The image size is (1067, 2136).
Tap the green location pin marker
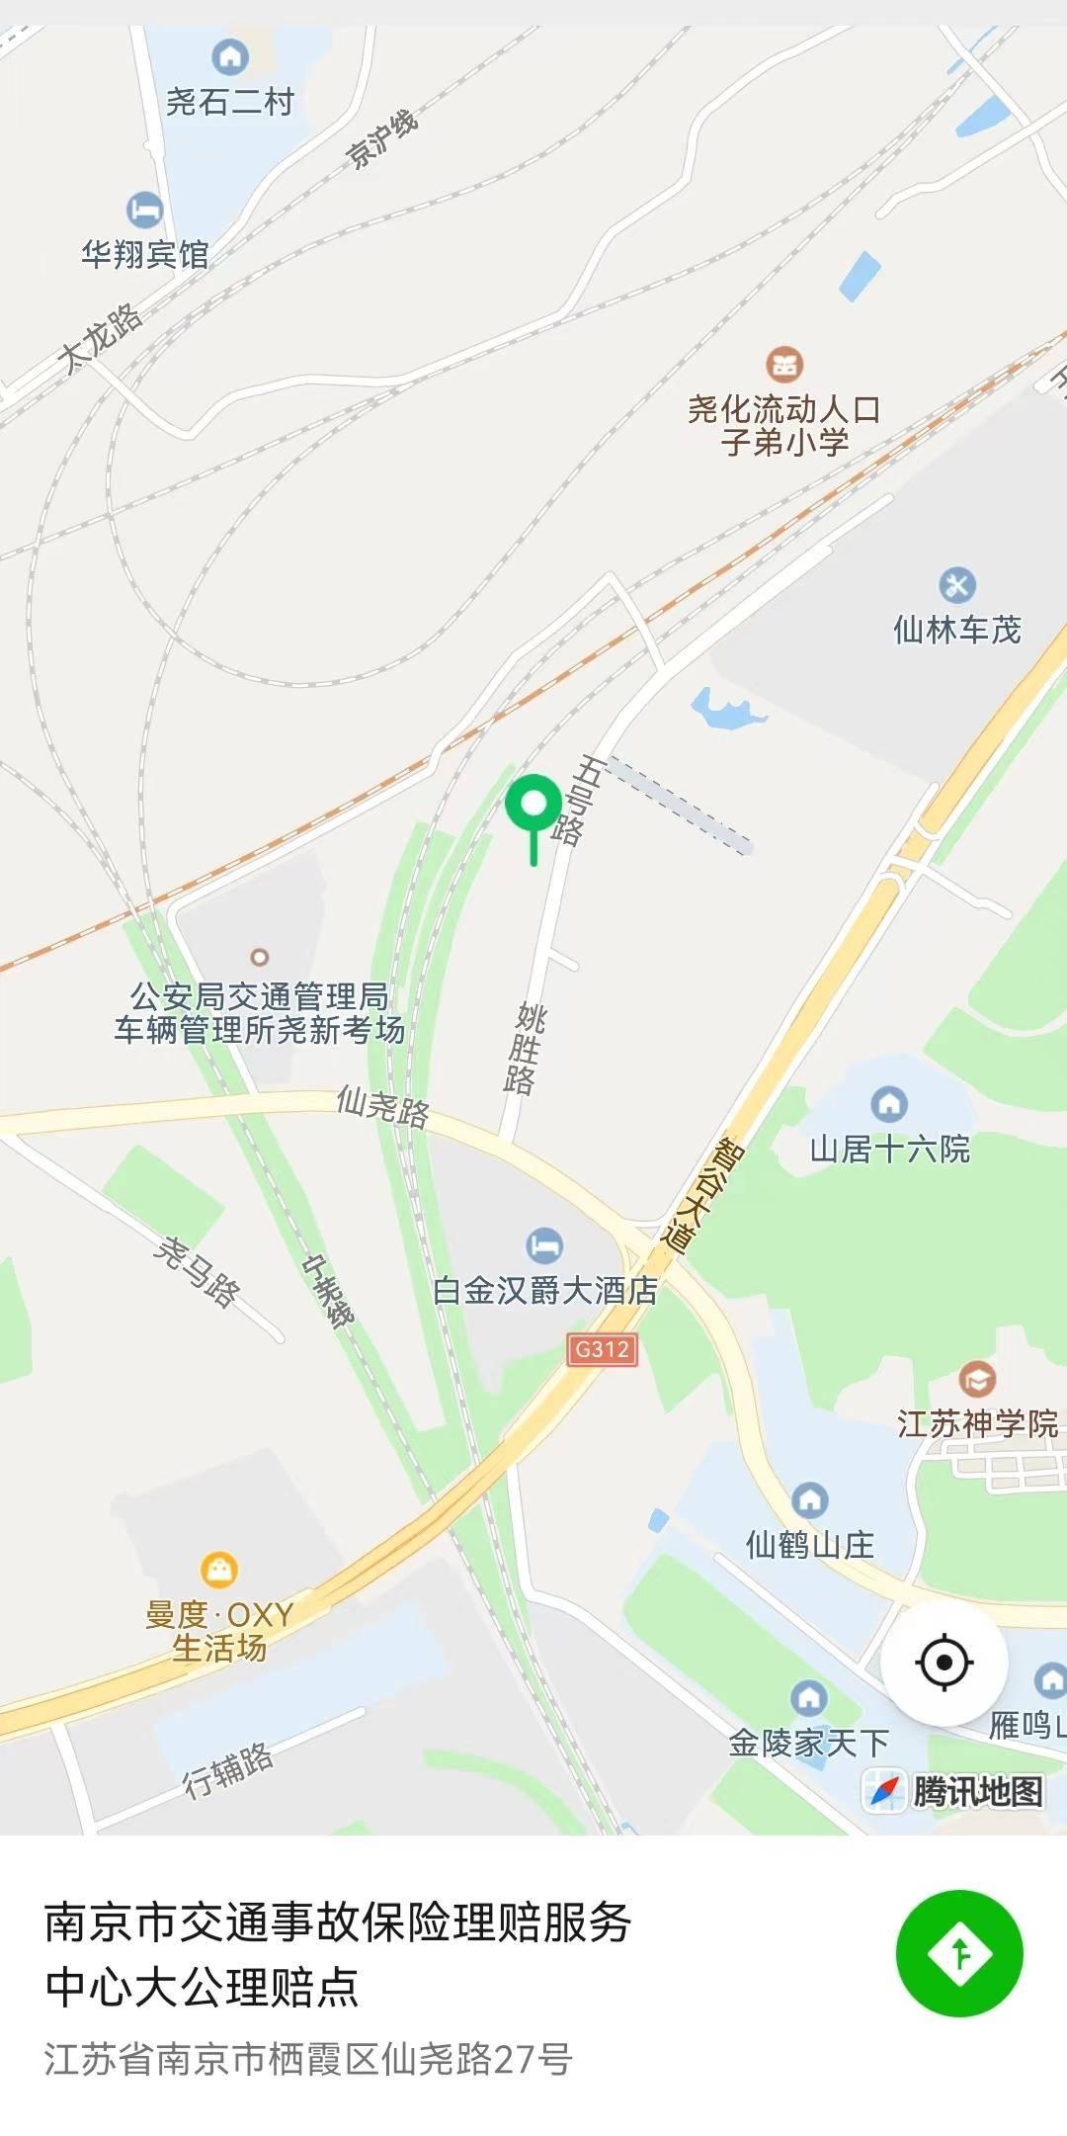[x=533, y=806]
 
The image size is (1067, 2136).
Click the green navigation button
[x=959, y=1953]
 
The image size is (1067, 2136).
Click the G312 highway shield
[x=602, y=1349]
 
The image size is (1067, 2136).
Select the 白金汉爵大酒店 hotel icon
[x=544, y=1244]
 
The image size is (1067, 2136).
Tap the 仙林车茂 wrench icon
[x=956, y=584]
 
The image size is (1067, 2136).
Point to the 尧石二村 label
[x=229, y=102]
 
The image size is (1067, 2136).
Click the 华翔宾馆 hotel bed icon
[x=144, y=210]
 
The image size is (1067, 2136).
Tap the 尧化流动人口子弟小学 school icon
[x=784, y=364]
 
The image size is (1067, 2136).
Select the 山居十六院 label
[x=889, y=1150]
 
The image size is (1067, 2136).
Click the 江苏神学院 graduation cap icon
[x=977, y=1378]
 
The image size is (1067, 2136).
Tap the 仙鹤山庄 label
[x=810, y=1544]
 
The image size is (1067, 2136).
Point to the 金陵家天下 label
[x=808, y=1743]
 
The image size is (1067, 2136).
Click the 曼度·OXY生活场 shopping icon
[x=218, y=1569]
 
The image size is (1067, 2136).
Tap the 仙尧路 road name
[x=383, y=1106]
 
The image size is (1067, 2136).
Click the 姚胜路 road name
[x=525, y=1049]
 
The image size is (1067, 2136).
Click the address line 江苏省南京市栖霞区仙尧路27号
[x=308, y=2059]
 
